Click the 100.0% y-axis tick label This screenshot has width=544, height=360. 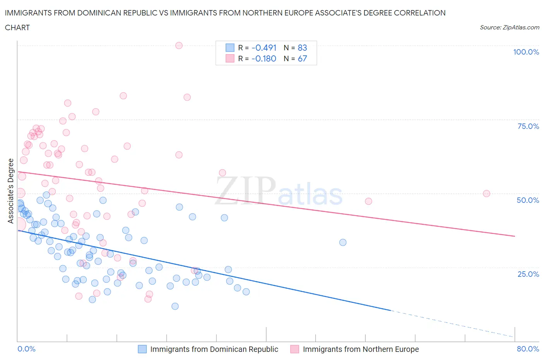[526, 52]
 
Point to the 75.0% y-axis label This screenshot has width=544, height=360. [528, 126]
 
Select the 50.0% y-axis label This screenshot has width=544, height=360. [528, 200]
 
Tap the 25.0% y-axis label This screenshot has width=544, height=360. [528, 274]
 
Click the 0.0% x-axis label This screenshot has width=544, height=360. [26, 349]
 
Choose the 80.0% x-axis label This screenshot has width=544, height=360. [528, 349]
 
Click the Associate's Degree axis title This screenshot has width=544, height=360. [11, 191]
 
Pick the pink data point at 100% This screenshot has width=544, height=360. [179, 45]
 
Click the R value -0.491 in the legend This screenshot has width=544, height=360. [264, 48]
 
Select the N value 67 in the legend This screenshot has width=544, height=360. [302, 58]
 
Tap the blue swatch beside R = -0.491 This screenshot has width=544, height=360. [230, 48]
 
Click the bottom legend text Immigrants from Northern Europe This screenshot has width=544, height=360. [361, 349]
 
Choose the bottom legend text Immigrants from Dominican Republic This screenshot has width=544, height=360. [214, 349]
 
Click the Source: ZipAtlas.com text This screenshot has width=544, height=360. [509, 27]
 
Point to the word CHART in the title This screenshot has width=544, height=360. [17, 27]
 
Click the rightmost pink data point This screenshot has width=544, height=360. [486, 194]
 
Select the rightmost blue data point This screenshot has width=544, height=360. [343, 242]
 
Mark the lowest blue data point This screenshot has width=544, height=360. [175, 306]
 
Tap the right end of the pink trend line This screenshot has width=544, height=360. [514, 236]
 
